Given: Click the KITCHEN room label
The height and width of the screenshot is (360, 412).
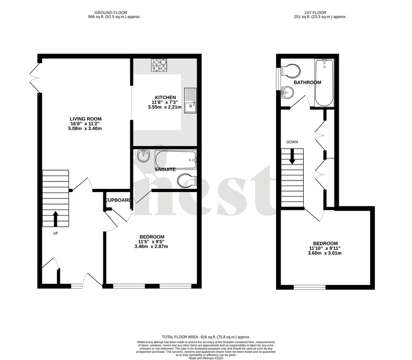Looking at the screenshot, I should tap(165, 97).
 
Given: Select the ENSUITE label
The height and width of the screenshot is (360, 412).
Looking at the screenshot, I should tap(165, 169).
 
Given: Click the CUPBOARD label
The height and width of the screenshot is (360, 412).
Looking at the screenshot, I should tap(118, 200).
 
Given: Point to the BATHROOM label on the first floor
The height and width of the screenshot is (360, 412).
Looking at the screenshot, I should tap(307, 82).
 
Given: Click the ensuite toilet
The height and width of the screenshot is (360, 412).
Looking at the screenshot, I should tap(186, 178).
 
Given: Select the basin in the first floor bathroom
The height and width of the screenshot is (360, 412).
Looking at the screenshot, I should tap(287, 92).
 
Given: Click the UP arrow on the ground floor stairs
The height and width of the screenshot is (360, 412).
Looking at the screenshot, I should tap(55, 218).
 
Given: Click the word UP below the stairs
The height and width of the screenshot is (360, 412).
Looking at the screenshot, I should tap(56, 233).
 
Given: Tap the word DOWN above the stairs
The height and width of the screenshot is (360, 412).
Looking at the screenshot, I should tap(292, 142).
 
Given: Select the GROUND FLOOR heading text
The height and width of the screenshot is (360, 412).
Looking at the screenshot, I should tap(111, 12).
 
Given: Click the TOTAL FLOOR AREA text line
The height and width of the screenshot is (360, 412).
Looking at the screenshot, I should tap(206, 337).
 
